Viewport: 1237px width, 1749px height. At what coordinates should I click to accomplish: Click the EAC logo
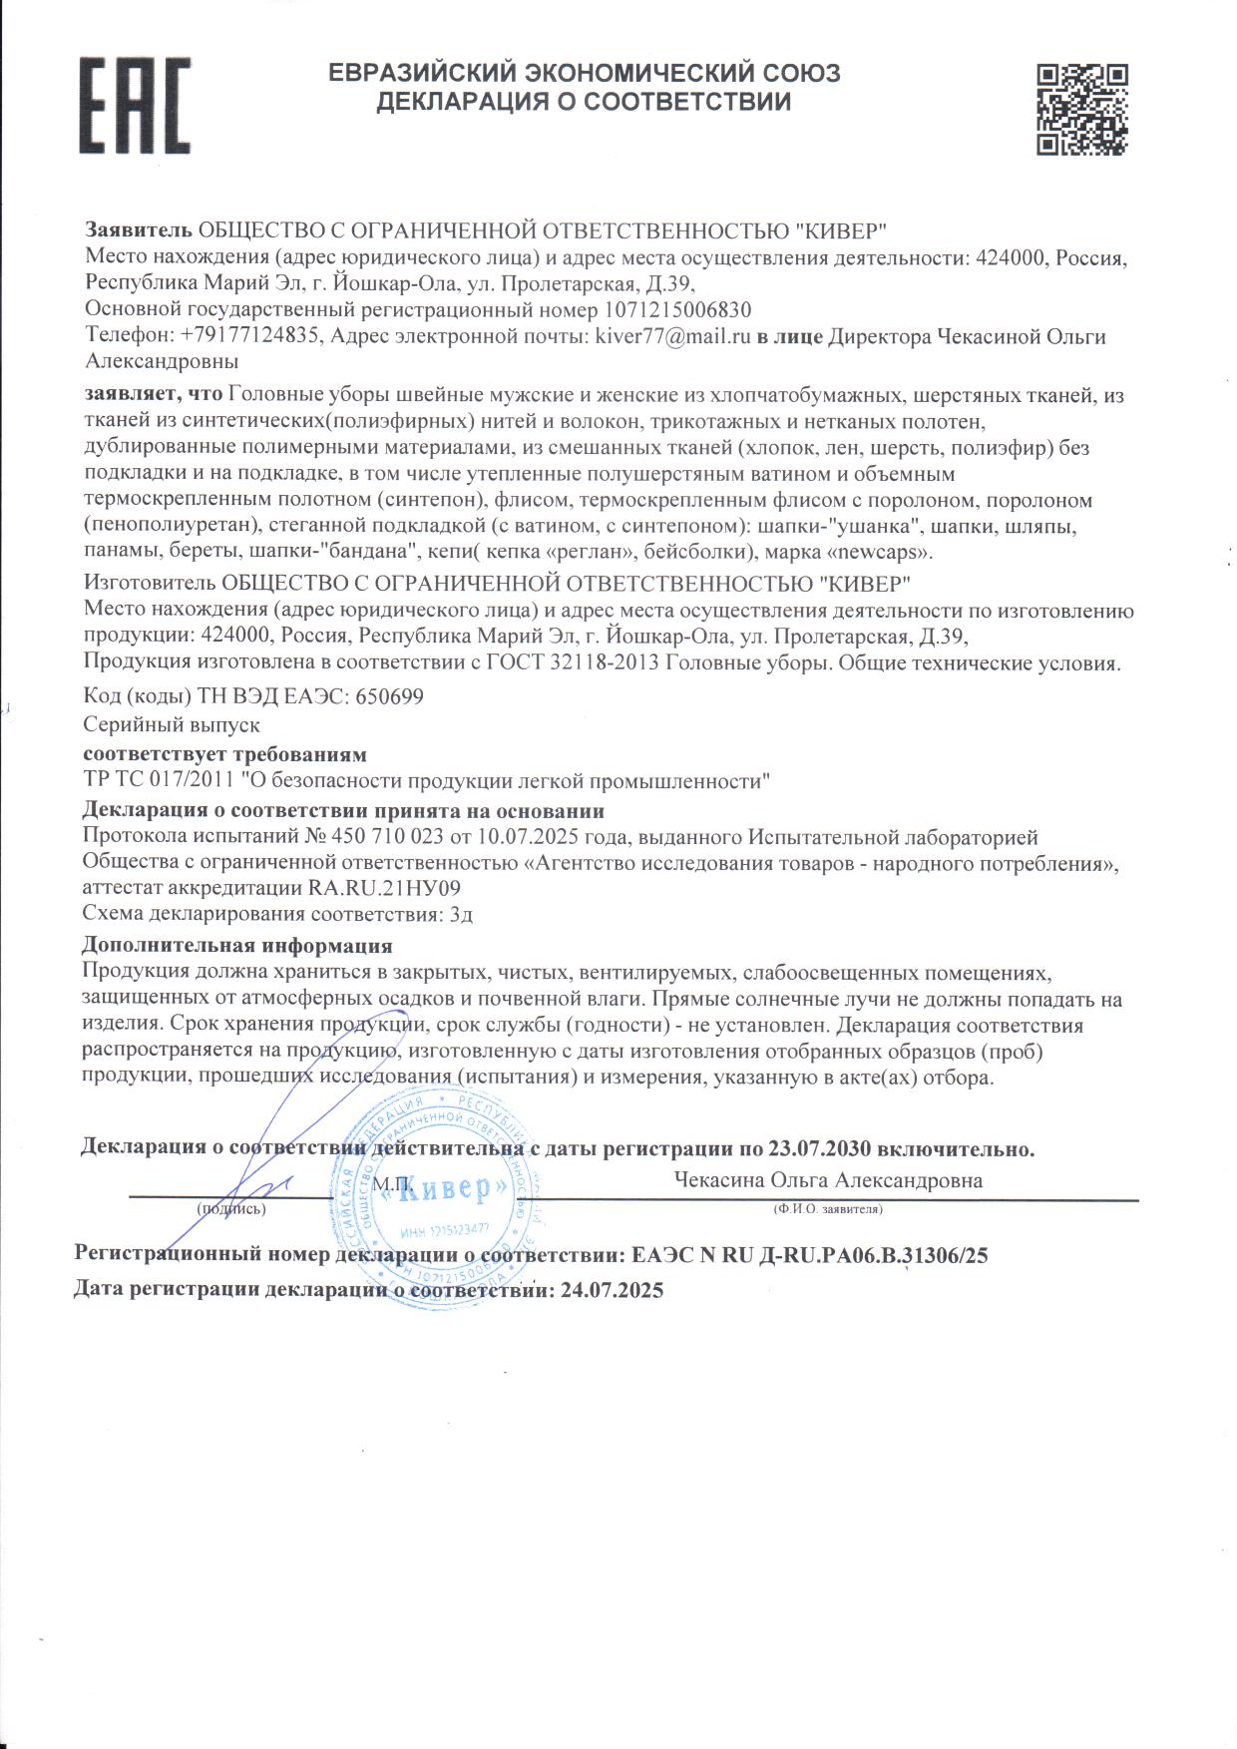coord(135,104)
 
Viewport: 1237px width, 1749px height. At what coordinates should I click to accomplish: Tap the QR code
coord(1081,109)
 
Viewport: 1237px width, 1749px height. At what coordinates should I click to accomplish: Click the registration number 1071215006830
coord(676,309)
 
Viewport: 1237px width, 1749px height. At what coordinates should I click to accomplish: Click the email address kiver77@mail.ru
coord(671,336)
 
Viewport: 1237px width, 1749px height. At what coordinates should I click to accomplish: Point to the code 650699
coord(389,696)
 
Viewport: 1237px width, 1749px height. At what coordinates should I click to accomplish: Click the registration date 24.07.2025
coord(613,1290)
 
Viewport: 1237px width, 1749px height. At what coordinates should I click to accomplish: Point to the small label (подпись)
coord(231,1209)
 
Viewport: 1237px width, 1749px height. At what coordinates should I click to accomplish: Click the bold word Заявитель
coord(139,230)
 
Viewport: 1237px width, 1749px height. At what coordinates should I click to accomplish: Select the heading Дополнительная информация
coord(236,944)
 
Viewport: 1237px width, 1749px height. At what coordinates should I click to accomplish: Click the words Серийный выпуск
coord(173,725)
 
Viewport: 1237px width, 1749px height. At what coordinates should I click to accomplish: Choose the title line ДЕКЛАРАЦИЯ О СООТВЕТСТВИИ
coord(584,102)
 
